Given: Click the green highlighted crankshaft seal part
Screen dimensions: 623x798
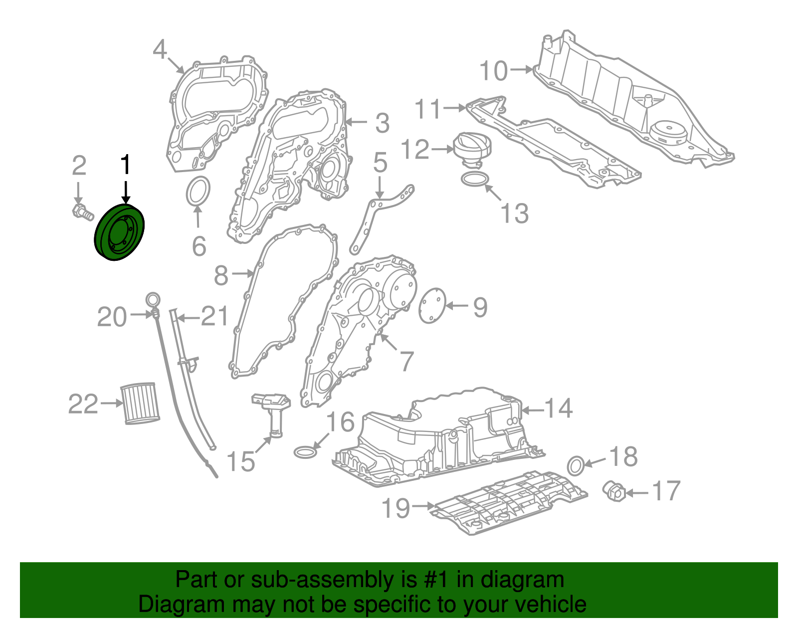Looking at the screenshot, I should pyautogui.click(x=120, y=232).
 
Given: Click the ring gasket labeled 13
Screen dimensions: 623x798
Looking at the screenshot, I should pyautogui.click(x=475, y=179).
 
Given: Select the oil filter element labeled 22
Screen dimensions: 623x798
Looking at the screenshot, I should pyautogui.click(x=140, y=403).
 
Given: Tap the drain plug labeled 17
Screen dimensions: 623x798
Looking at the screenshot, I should pyautogui.click(x=614, y=491).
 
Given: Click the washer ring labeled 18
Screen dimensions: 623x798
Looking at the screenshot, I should pyautogui.click(x=575, y=465).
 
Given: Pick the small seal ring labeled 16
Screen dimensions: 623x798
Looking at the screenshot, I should pyautogui.click(x=305, y=452).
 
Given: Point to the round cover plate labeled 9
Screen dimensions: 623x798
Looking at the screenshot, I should pyautogui.click(x=432, y=305).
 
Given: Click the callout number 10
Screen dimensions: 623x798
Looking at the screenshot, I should pyautogui.click(x=493, y=71).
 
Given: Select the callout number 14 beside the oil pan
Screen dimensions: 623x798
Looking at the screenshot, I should pyautogui.click(x=558, y=409).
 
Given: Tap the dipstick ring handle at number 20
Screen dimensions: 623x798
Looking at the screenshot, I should pyautogui.click(x=153, y=301).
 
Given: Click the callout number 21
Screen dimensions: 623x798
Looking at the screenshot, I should pyautogui.click(x=215, y=316).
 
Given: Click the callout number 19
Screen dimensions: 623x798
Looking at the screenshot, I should pyautogui.click(x=396, y=508).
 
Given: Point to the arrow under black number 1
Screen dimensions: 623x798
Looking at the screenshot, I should pyautogui.click(x=126, y=193).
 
